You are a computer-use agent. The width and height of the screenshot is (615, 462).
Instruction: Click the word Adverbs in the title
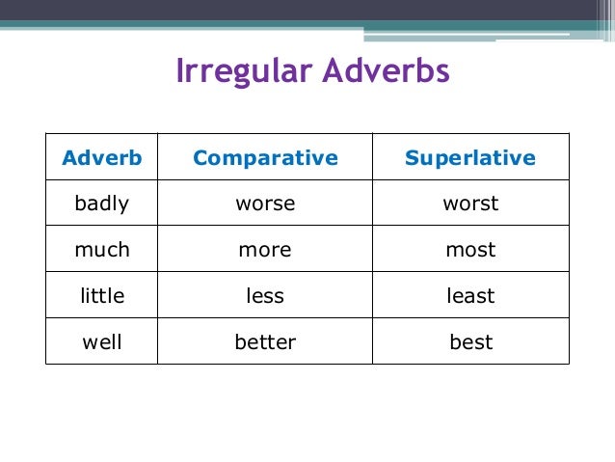(x=386, y=72)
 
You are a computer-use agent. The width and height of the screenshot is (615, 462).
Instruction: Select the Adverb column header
(x=102, y=158)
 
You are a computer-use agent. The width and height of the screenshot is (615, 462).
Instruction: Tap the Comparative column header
(x=265, y=158)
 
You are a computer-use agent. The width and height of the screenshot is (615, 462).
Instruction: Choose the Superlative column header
(x=470, y=158)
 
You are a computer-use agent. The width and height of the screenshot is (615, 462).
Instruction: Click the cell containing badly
(x=102, y=204)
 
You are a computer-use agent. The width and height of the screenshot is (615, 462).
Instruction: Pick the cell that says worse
(x=265, y=204)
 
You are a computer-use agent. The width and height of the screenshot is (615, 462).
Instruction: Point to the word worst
(x=470, y=204)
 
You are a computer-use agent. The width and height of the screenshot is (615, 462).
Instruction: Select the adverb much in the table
(x=102, y=250)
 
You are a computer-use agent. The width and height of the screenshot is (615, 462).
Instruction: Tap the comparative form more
(x=265, y=250)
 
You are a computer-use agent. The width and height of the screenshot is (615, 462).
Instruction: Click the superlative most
(x=470, y=250)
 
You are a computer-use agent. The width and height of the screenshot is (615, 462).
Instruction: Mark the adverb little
(x=102, y=296)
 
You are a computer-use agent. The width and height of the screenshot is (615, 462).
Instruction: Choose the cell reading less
(x=265, y=296)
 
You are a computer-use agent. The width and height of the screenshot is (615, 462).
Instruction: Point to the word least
(x=470, y=296)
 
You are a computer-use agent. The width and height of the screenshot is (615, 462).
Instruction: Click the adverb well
(x=102, y=341)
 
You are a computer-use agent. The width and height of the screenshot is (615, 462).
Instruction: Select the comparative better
(x=265, y=341)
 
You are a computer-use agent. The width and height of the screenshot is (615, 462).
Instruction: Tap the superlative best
(x=470, y=341)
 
